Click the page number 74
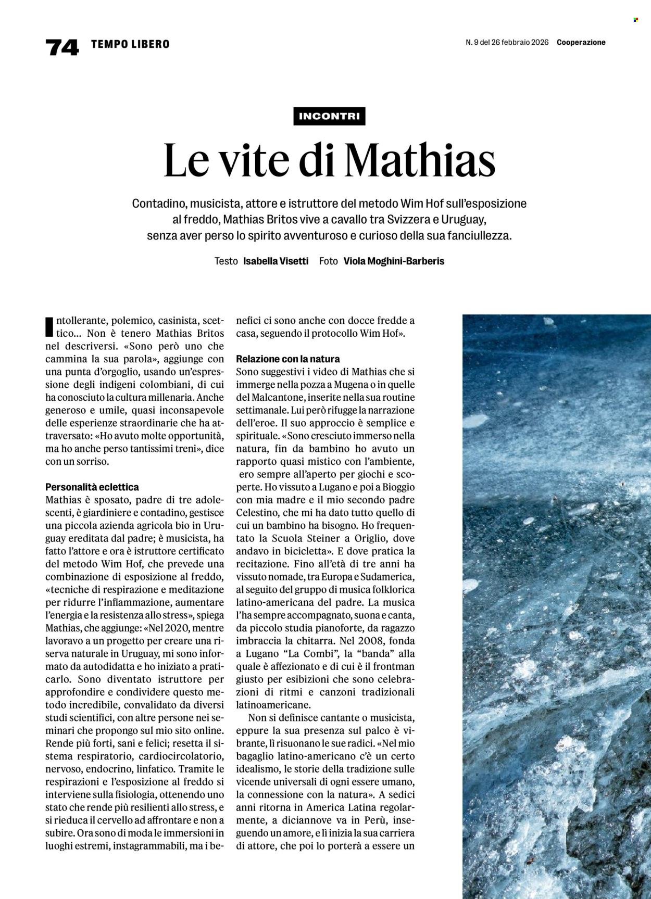click(x=62, y=47)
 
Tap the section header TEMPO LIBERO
click(x=130, y=44)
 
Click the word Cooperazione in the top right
click(x=581, y=43)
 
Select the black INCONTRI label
click(x=329, y=116)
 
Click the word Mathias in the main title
click(x=420, y=160)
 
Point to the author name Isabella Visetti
click(x=276, y=261)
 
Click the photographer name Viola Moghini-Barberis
click(x=394, y=261)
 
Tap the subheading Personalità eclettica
click(x=92, y=487)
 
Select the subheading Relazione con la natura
click(x=287, y=359)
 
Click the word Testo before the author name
click(x=226, y=261)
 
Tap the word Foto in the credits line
click(x=329, y=261)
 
